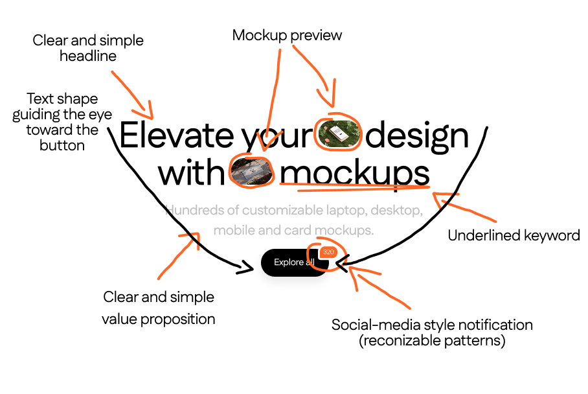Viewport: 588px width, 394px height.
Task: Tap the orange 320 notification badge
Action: click(x=328, y=252)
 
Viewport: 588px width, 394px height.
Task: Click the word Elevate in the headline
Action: click(x=176, y=136)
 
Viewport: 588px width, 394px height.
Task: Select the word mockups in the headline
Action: click(x=354, y=174)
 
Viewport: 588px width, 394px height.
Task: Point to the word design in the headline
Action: click(x=417, y=136)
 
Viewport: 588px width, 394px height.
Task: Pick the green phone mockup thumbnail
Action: click(x=337, y=134)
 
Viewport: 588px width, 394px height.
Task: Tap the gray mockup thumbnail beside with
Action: click(x=253, y=172)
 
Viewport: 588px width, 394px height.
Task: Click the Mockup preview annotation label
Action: click(x=287, y=35)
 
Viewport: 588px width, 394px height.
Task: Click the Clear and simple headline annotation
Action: click(x=88, y=48)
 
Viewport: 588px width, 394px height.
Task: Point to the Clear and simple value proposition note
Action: click(x=159, y=308)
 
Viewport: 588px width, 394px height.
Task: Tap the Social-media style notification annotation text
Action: click(x=432, y=325)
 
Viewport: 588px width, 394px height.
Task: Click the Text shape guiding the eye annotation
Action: click(x=62, y=122)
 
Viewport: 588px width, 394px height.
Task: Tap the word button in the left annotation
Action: click(x=62, y=145)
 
